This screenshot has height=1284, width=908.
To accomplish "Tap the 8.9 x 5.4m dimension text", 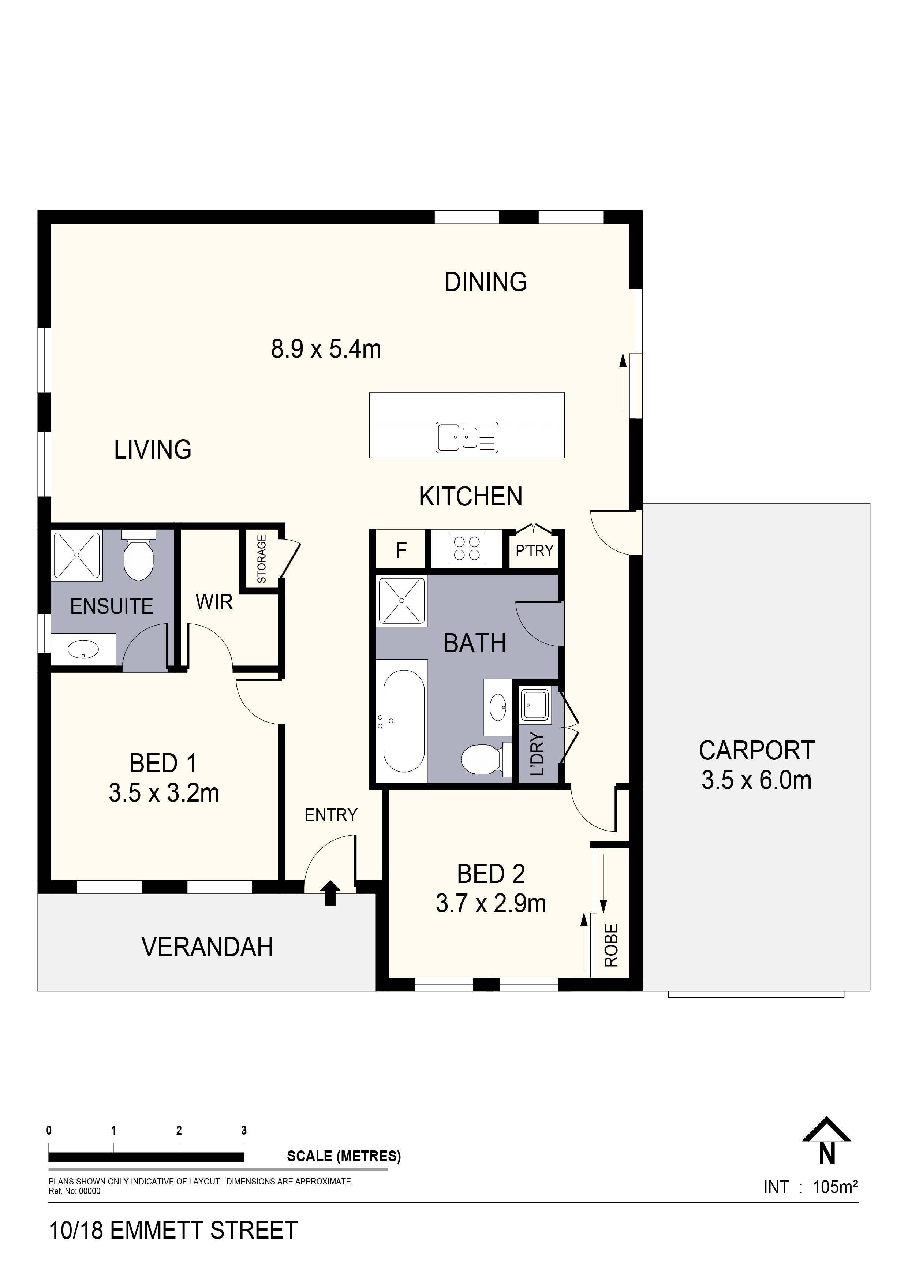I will click(326, 349).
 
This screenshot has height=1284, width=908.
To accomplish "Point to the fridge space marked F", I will click(401, 551).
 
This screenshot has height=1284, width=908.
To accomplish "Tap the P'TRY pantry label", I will click(534, 551).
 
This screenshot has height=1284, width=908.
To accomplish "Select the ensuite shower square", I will click(76, 555).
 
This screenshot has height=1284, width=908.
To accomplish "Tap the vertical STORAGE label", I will click(261, 559).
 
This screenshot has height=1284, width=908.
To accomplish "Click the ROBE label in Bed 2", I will click(611, 945).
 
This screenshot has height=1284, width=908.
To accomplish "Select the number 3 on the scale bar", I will click(244, 1130).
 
